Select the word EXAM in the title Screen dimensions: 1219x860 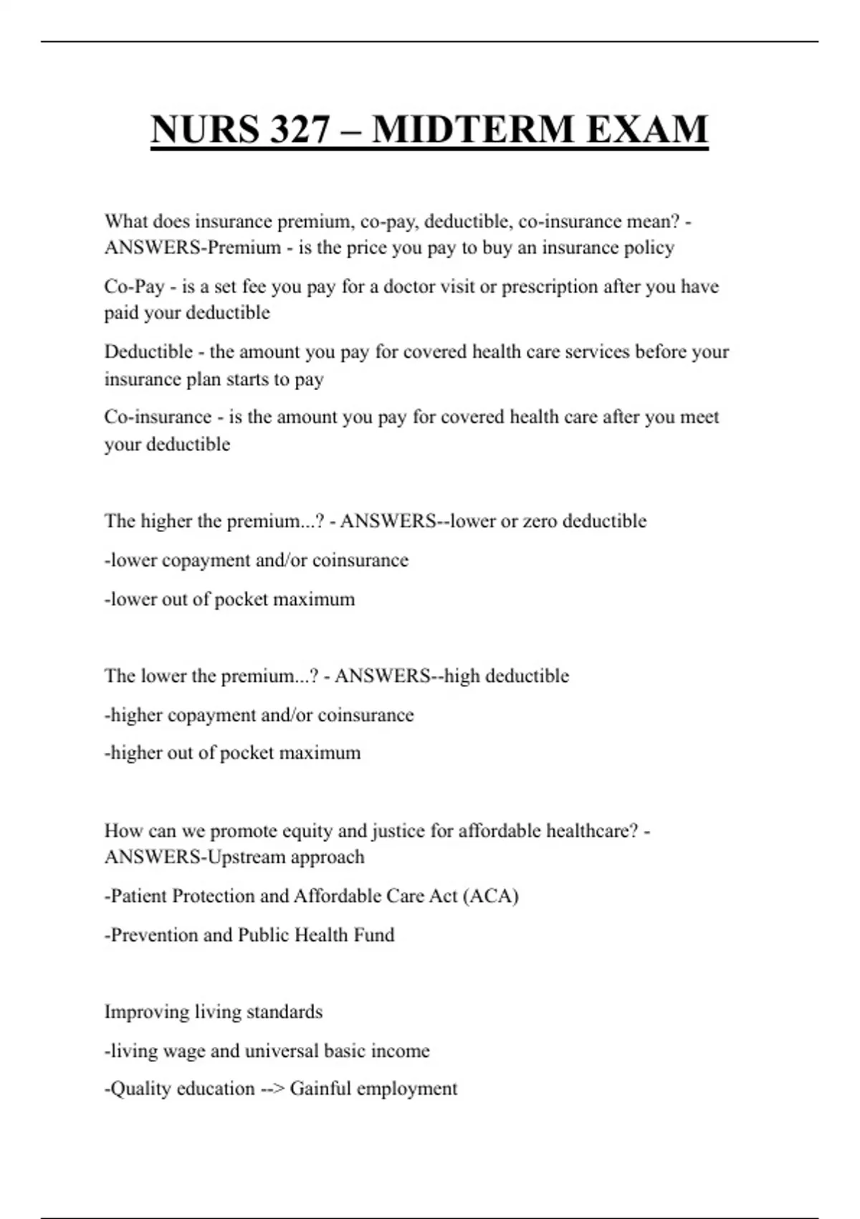[x=647, y=129]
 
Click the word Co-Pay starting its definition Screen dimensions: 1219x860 [x=134, y=287]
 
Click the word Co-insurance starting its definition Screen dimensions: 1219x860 [x=158, y=417]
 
